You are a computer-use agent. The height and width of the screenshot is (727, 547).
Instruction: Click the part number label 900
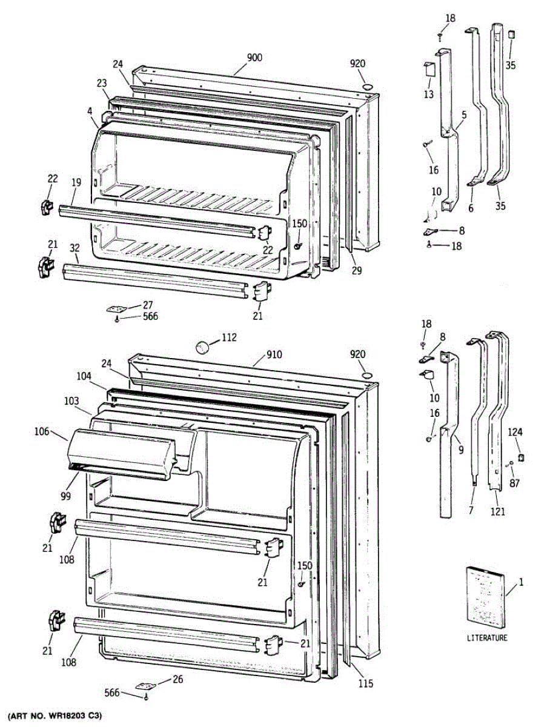click(254, 58)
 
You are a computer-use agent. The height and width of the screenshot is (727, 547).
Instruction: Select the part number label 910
click(273, 354)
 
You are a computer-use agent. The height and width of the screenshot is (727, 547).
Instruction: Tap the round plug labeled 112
click(202, 347)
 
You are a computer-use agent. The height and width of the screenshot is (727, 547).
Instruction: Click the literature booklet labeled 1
click(485, 595)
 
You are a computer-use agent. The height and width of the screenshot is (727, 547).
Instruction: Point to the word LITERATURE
click(487, 638)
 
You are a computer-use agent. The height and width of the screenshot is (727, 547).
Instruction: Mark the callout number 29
click(356, 271)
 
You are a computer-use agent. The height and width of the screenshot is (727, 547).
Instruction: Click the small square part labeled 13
click(429, 69)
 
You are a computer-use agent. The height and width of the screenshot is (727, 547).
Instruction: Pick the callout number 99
click(65, 496)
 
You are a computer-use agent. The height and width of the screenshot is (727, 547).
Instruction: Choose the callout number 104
click(84, 376)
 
